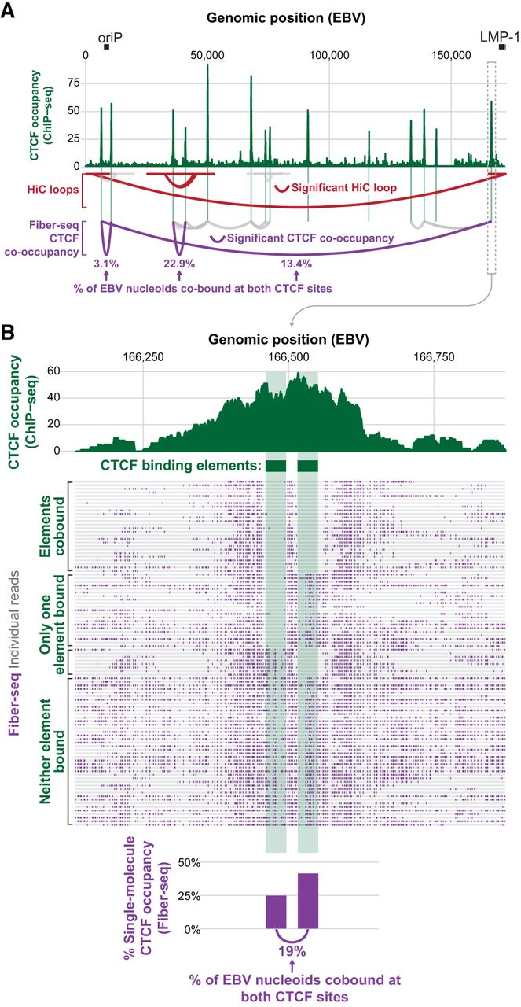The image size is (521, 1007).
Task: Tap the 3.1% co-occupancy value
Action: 105,264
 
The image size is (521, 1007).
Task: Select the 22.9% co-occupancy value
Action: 180,264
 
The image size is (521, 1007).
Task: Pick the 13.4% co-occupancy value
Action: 296,264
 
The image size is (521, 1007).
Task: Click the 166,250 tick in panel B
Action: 144,356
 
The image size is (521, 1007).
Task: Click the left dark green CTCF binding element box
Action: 276,466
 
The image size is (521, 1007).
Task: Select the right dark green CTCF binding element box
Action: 308,466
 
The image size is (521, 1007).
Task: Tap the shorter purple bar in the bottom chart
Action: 276,912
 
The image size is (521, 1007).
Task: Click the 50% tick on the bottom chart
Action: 237,863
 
